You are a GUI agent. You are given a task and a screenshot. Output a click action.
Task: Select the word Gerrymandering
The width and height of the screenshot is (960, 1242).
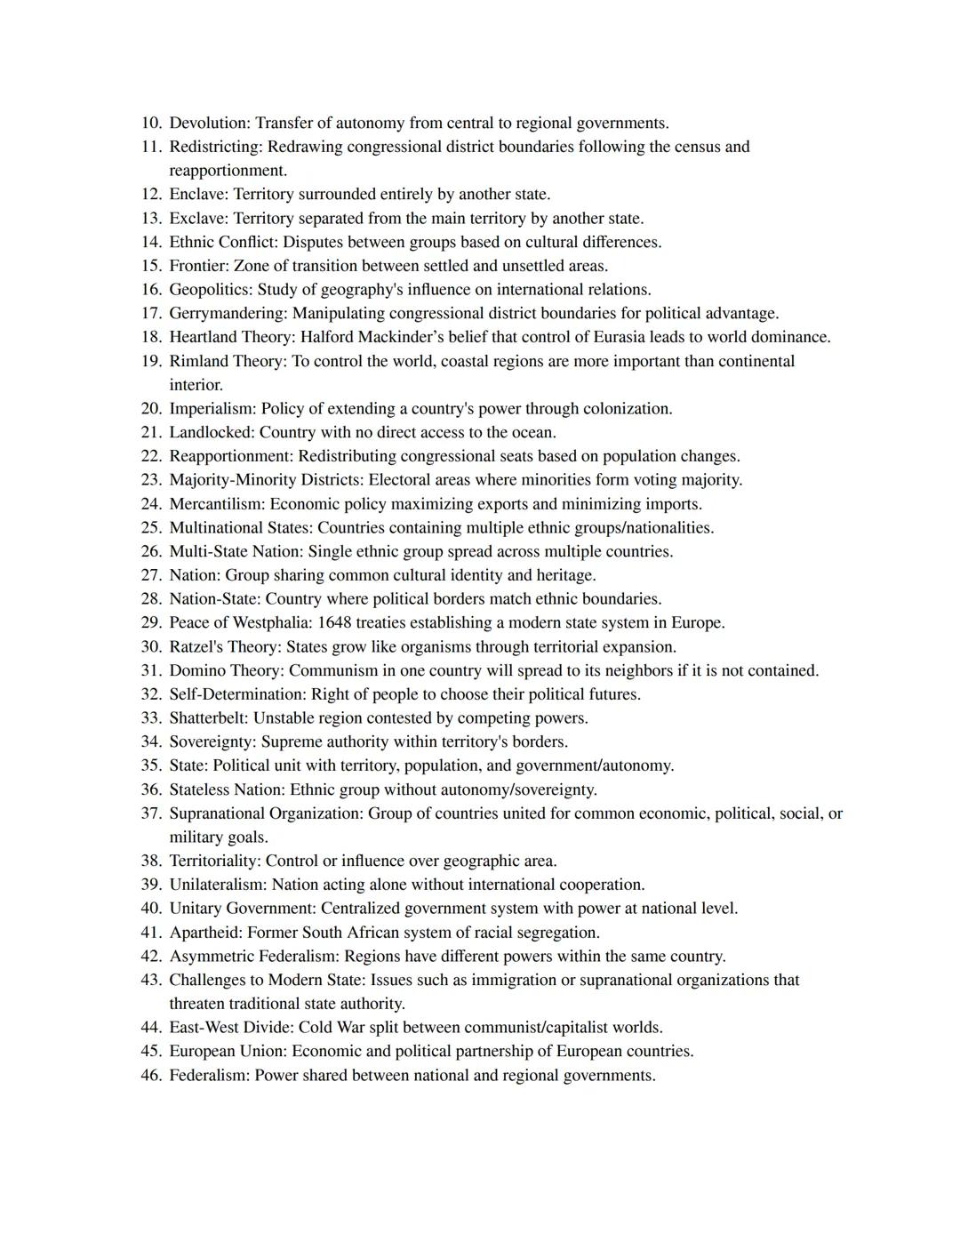227,313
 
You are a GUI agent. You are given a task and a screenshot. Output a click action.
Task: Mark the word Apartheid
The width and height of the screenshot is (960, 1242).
204,932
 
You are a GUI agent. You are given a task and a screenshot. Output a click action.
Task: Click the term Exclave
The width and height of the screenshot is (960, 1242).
198,218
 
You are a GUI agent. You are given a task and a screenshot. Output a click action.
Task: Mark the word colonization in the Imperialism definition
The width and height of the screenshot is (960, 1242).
627,408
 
